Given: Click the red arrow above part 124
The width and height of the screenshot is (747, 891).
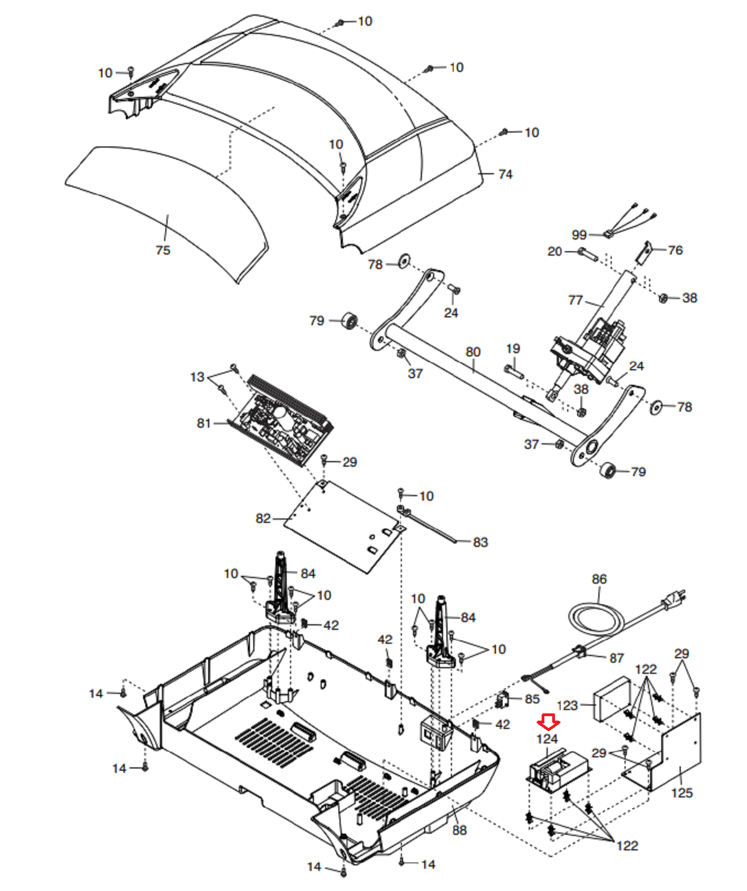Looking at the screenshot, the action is [x=548, y=722].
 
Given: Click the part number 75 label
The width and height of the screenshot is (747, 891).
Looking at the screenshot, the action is [x=163, y=250].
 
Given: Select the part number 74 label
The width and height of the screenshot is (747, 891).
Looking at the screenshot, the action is [x=505, y=174].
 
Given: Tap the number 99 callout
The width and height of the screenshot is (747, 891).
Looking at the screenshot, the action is [x=579, y=235].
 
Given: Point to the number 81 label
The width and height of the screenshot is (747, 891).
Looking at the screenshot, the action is [x=204, y=423].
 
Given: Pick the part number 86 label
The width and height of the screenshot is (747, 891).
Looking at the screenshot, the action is [x=599, y=579].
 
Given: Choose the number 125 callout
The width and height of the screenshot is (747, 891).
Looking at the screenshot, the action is [x=682, y=792].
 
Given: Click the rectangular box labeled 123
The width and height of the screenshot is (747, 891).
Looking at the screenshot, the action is [x=612, y=699].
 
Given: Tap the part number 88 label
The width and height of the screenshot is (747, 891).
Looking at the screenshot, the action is [x=460, y=830].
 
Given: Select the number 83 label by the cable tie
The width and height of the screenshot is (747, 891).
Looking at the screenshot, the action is [x=480, y=542].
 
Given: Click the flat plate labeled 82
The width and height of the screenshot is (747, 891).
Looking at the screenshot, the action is [x=345, y=526].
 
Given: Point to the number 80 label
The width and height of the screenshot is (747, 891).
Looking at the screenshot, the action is [x=473, y=352].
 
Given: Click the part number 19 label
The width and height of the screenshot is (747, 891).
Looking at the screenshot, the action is [x=513, y=349].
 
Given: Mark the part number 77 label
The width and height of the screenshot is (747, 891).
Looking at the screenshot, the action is [x=576, y=300].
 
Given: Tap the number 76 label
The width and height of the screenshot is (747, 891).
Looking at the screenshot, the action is [x=675, y=250].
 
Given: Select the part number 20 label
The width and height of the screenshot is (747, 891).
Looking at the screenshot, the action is [x=555, y=251].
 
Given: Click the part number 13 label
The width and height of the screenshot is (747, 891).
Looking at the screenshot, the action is [x=198, y=377].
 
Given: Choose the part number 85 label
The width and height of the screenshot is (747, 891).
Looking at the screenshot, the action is [x=532, y=699].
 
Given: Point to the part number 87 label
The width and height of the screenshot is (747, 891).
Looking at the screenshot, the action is [x=617, y=658].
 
